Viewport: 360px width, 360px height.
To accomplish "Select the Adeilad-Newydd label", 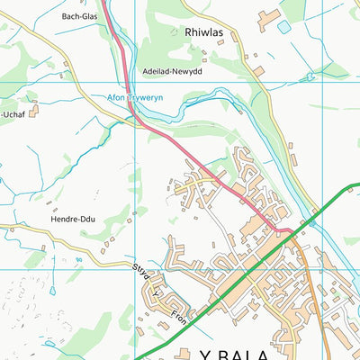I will click(x=173, y=71).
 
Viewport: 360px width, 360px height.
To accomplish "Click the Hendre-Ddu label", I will click(x=73, y=219).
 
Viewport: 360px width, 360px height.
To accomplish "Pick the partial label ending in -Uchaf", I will click(x=12, y=114).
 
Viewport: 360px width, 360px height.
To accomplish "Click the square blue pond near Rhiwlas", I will click(x=284, y=27).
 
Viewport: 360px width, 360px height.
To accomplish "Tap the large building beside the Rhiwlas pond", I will click(x=267, y=18).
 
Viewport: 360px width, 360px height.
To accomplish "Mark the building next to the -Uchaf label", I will click(x=34, y=111).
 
